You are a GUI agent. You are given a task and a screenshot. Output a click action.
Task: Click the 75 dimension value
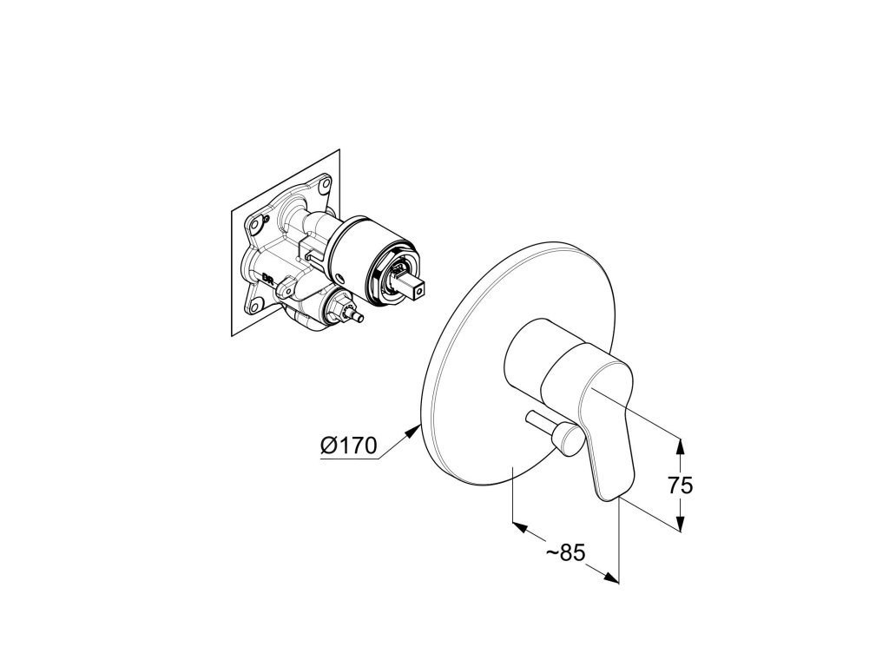680,485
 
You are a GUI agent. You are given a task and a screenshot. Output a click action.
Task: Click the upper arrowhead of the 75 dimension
681,445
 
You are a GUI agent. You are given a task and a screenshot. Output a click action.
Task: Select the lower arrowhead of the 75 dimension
681,525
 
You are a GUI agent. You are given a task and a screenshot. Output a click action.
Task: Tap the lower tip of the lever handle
609,493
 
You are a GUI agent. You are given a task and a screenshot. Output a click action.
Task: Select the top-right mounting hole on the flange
325,185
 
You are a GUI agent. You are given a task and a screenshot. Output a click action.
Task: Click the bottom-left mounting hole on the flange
258,304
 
